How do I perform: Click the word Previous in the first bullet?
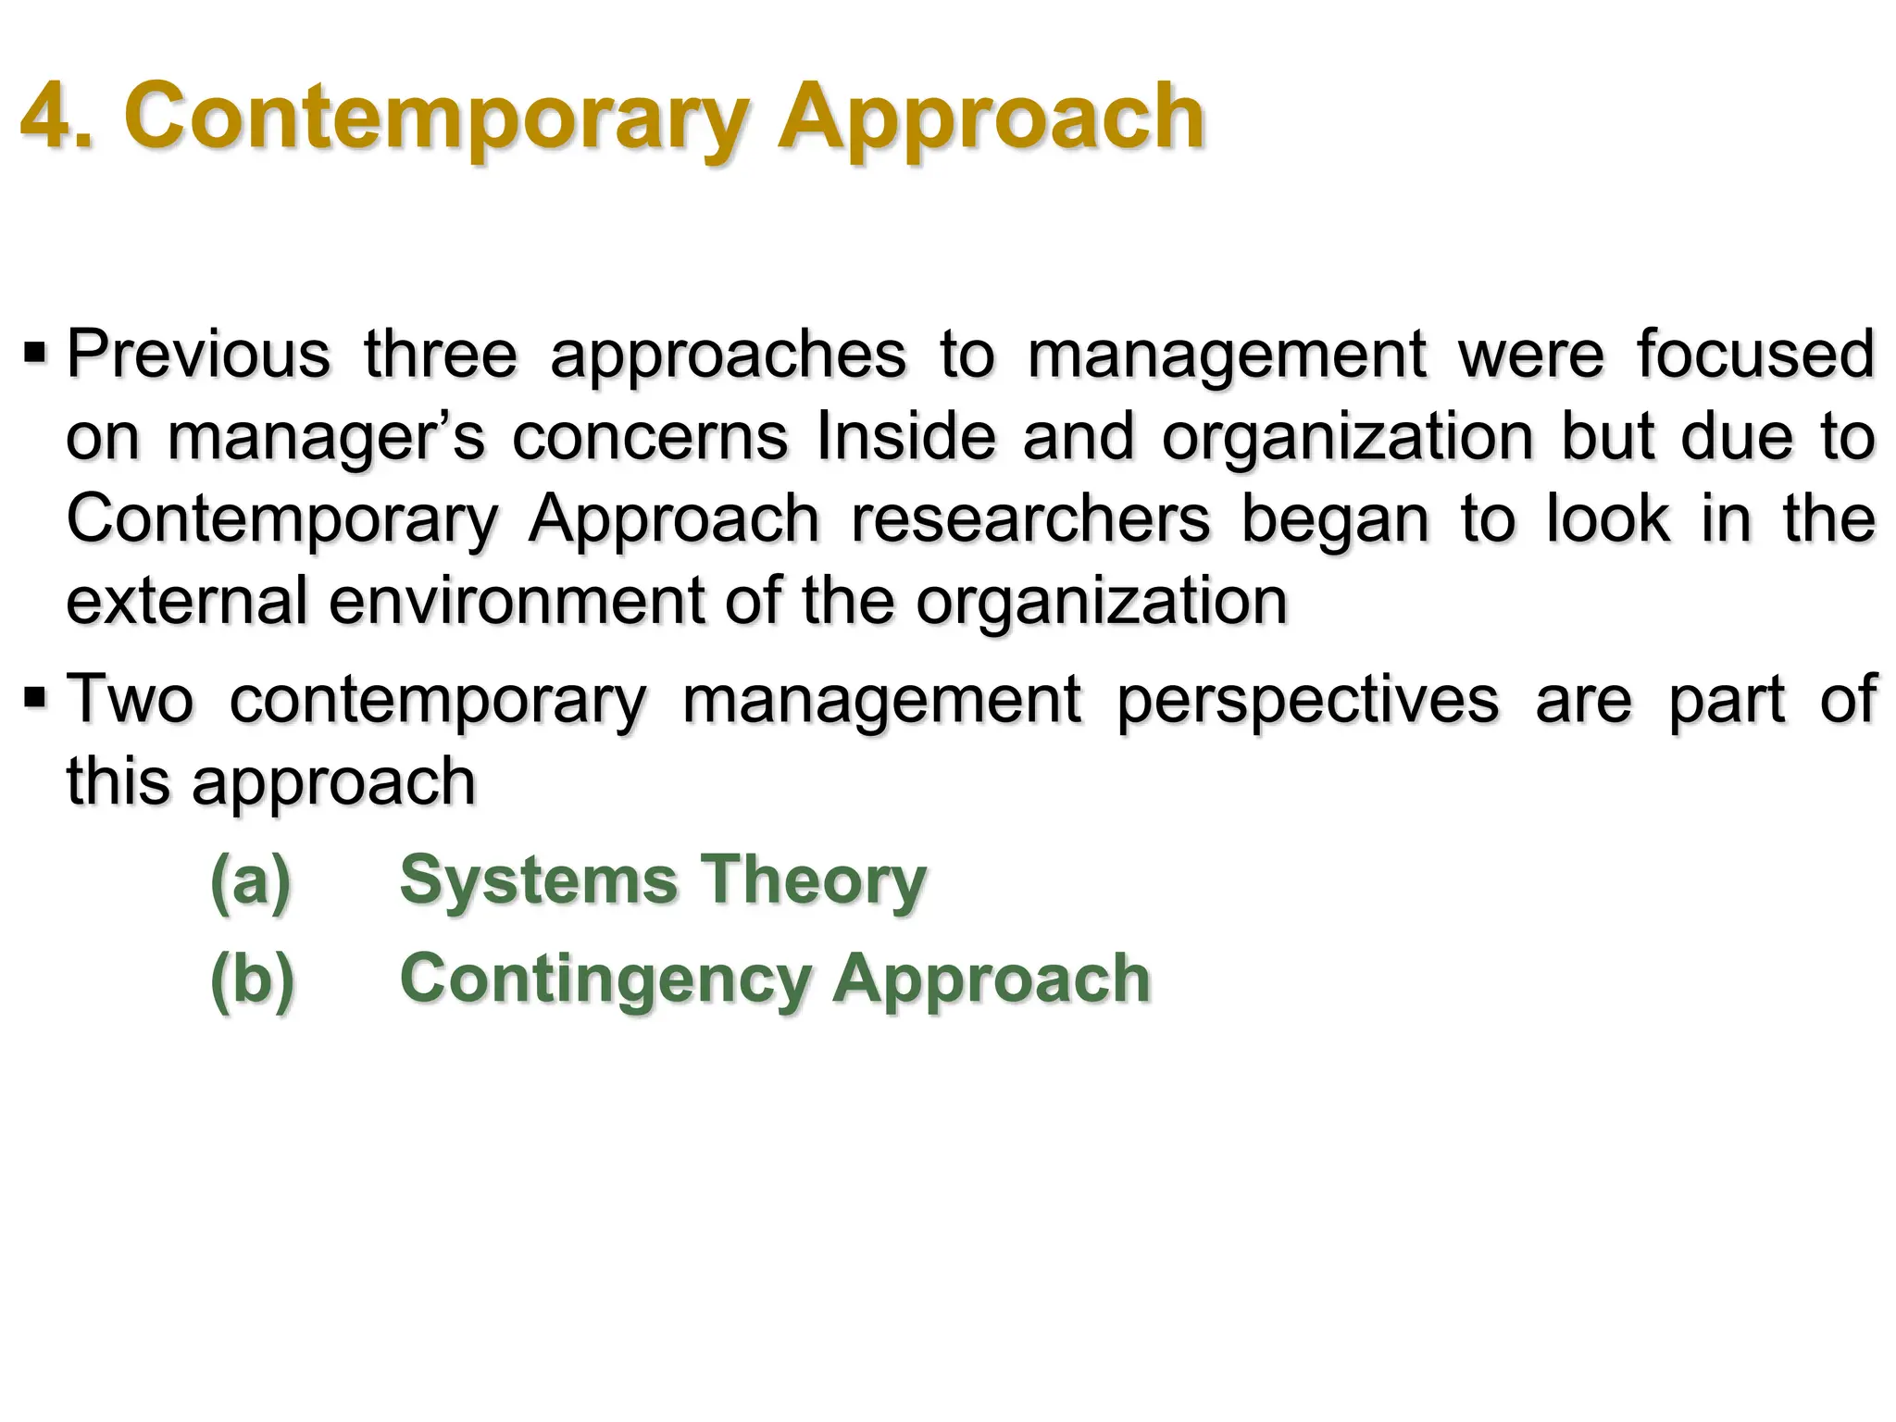[x=197, y=355]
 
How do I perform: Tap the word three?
[x=440, y=355]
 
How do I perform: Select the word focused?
[x=1755, y=355]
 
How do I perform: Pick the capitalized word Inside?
[x=905, y=437]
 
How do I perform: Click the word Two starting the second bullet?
[x=130, y=699]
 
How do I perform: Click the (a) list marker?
[x=251, y=879]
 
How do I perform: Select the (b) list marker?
[x=252, y=979]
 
